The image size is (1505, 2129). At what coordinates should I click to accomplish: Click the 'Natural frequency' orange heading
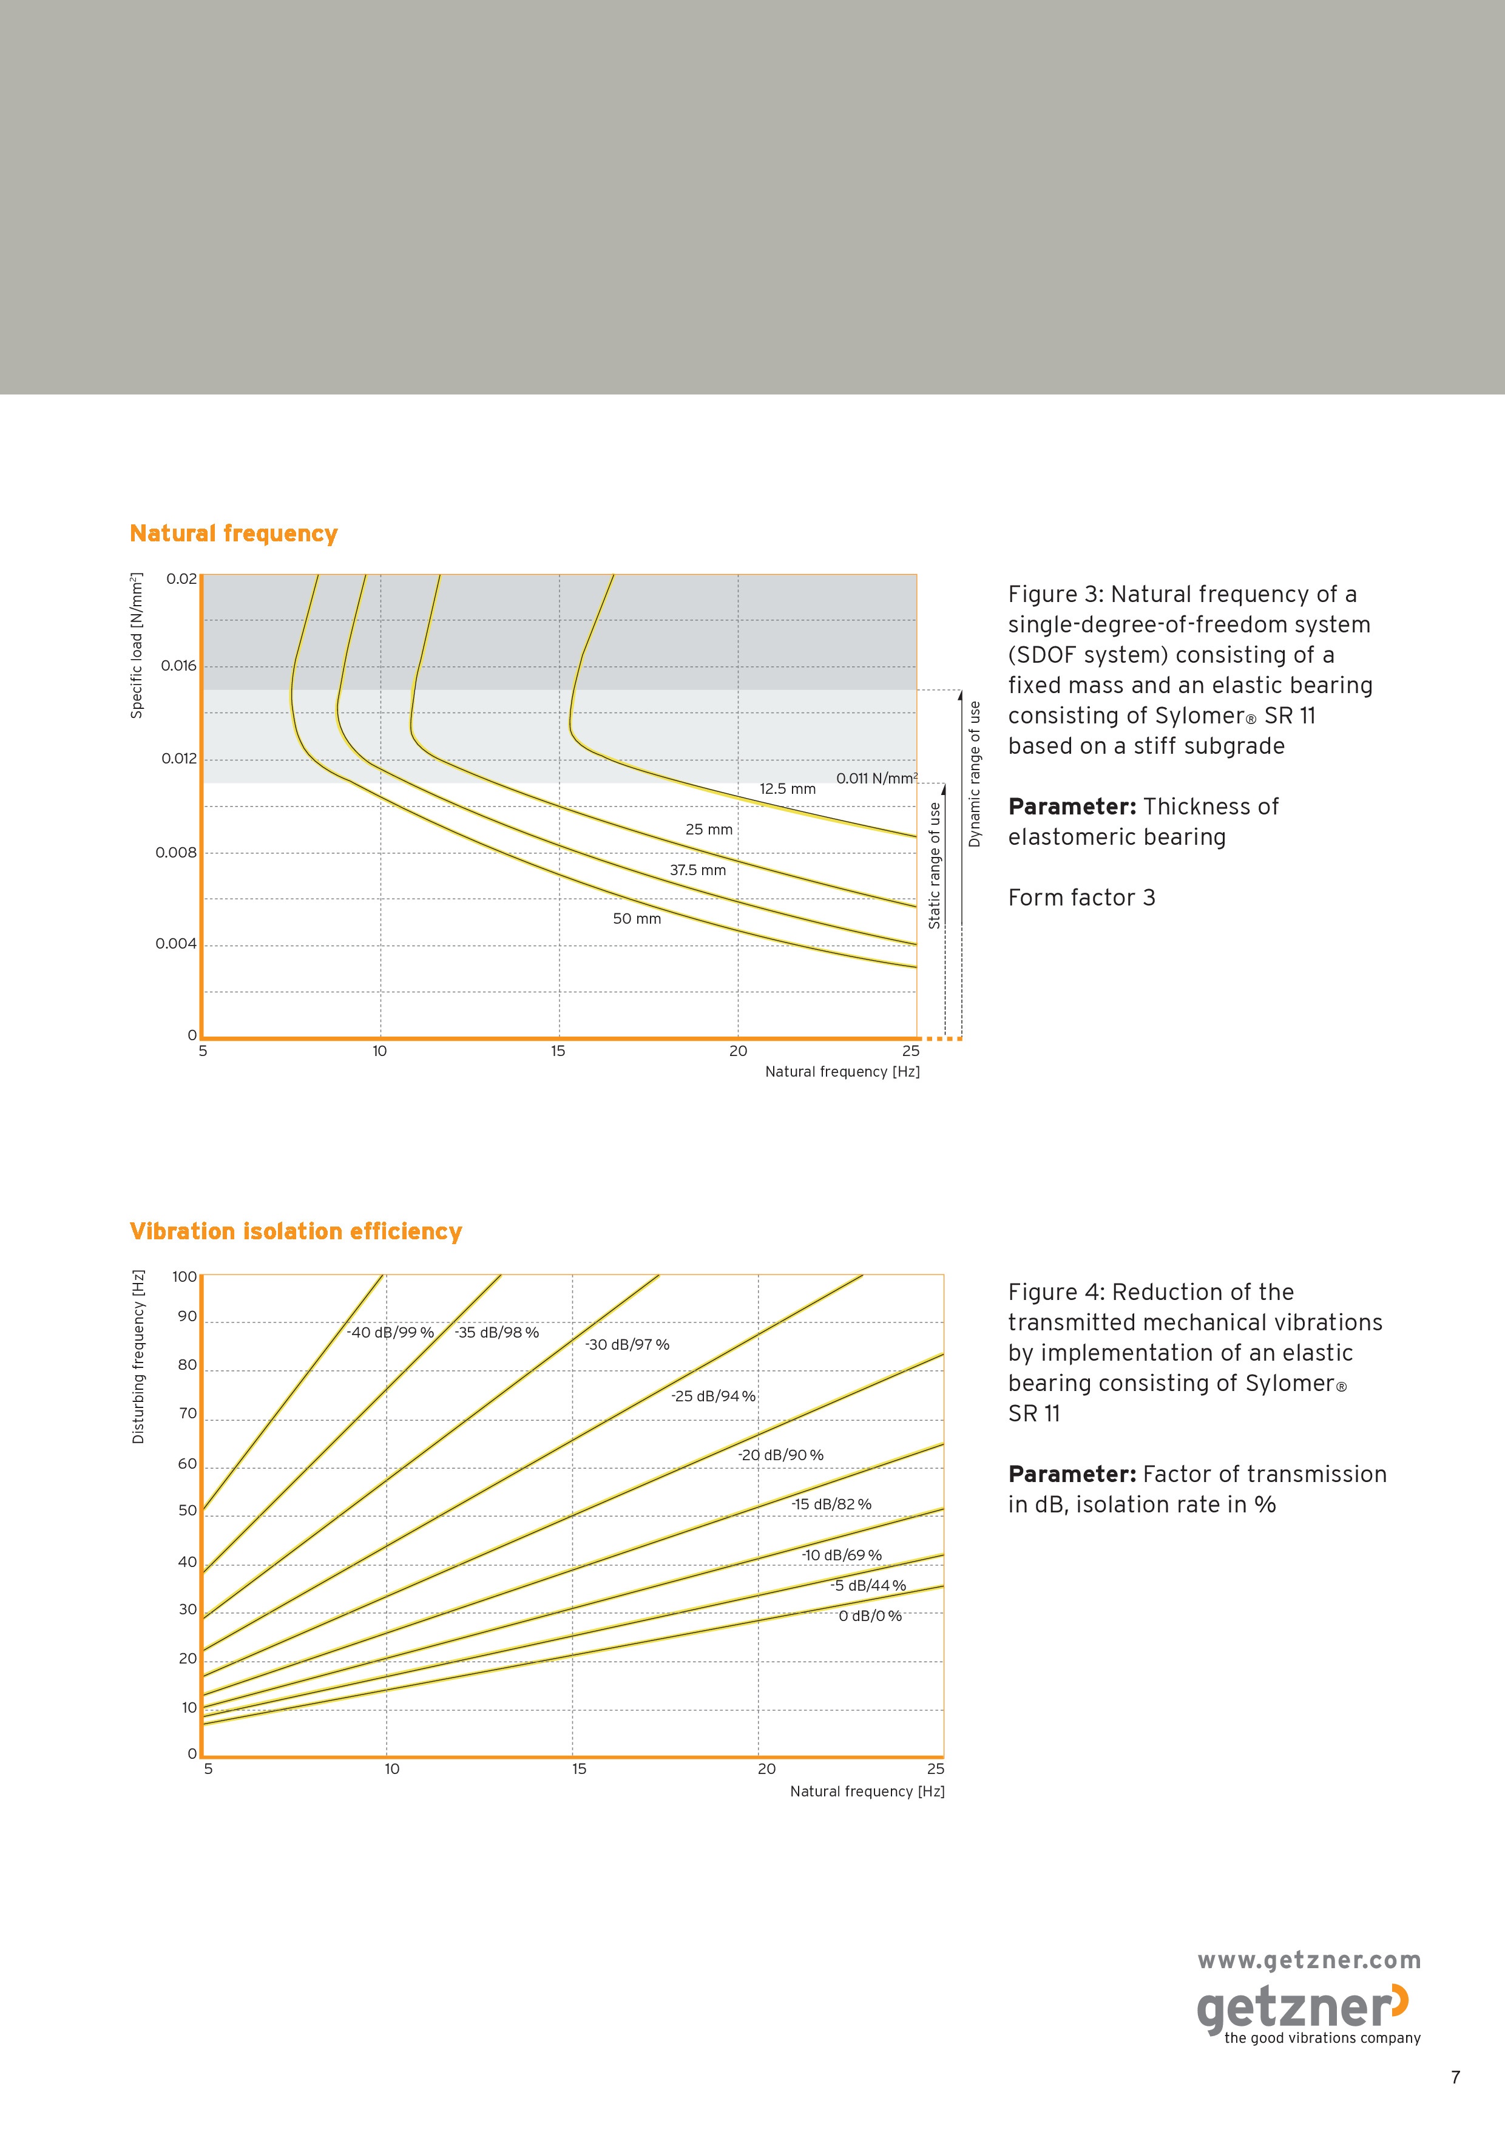pyautogui.click(x=234, y=534)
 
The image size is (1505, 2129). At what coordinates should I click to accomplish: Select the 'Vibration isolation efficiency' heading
pyautogui.click(x=296, y=1231)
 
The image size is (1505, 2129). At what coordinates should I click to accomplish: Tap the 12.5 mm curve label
pyautogui.click(x=787, y=789)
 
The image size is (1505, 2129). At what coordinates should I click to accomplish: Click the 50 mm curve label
pyautogui.click(x=637, y=919)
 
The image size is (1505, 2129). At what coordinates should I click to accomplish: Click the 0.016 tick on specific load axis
pyautogui.click(x=179, y=666)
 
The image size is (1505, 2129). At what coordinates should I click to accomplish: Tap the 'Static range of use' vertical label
pyautogui.click(x=935, y=865)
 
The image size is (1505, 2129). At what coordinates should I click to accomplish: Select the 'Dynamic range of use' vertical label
pyautogui.click(x=975, y=774)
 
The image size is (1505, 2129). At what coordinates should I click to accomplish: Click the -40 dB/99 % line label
pyautogui.click(x=390, y=1333)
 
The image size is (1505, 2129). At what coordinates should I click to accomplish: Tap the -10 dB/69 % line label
pyautogui.click(x=842, y=1555)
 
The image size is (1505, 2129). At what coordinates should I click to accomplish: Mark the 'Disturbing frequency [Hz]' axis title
pyautogui.click(x=139, y=1356)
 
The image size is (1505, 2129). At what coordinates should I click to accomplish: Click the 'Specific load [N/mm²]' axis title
pyautogui.click(x=137, y=645)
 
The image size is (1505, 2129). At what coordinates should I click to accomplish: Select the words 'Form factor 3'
pyautogui.click(x=1082, y=898)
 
